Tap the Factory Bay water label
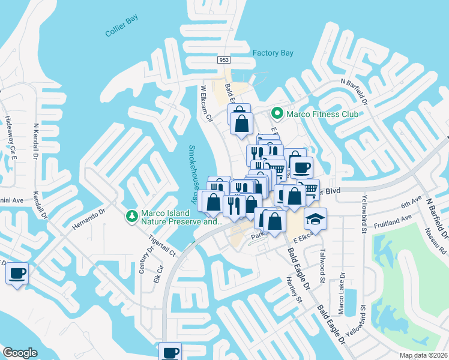click(273, 53)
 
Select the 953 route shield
click(224, 61)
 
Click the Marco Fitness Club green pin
click(277, 113)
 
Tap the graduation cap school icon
click(315, 220)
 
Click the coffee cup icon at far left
click(17, 274)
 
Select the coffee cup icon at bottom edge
click(170, 352)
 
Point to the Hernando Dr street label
click(89, 220)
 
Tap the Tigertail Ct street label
click(163, 246)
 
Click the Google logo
click(20, 353)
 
